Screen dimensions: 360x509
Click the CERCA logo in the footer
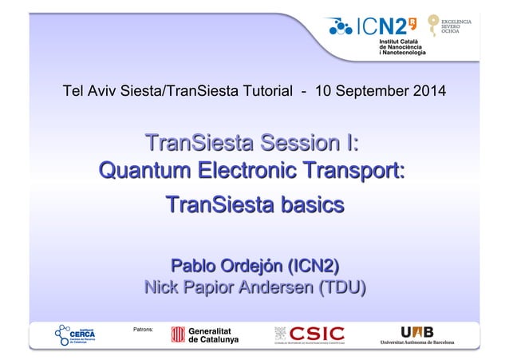[77, 334]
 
